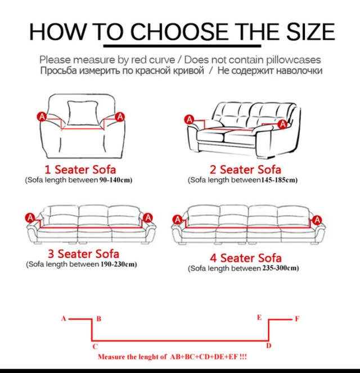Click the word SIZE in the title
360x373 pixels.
click(310, 32)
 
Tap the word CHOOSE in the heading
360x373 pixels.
click(179, 32)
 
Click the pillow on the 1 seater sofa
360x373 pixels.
click(83, 113)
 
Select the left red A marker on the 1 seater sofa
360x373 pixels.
click(42, 117)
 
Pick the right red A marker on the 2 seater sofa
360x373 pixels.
click(282, 124)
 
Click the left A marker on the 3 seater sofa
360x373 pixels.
click(30, 218)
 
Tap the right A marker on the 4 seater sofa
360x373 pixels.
click(317, 220)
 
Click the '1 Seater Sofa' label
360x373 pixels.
click(80, 169)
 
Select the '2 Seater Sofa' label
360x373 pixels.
click(245, 169)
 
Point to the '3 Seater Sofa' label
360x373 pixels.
click(83, 254)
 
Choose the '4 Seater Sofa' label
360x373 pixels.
click(246, 258)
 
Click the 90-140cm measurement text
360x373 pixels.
click(115, 180)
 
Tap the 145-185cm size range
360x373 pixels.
click(278, 180)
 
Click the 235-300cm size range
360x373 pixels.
click(280, 268)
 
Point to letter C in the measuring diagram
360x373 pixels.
click(95, 347)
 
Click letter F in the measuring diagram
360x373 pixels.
click(297, 318)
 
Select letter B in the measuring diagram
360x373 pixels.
click(99, 318)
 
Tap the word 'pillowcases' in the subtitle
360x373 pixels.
click(294, 60)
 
